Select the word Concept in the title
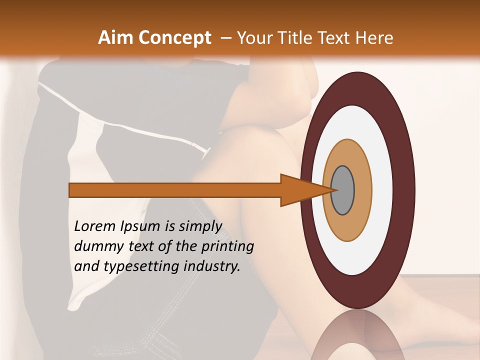click(175, 38)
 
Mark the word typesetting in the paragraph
click(140, 267)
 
